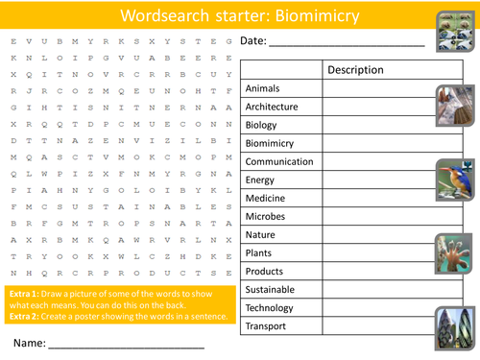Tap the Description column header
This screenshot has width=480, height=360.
[356, 70]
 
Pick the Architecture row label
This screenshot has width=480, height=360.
[272, 107]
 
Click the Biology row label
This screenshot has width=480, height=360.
[261, 125]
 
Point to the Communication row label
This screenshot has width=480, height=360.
[279, 162]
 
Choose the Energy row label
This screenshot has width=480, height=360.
[260, 180]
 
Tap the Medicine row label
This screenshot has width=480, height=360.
[266, 198]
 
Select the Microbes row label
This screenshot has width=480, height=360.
[266, 216]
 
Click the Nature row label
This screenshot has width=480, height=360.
[261, 234]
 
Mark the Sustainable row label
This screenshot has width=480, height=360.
[270, 289]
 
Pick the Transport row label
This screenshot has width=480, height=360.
[266, 326]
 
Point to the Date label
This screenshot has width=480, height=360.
[252, 41]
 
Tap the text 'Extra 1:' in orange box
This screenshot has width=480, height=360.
[23, 291]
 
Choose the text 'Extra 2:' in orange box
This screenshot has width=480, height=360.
[23, 317]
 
